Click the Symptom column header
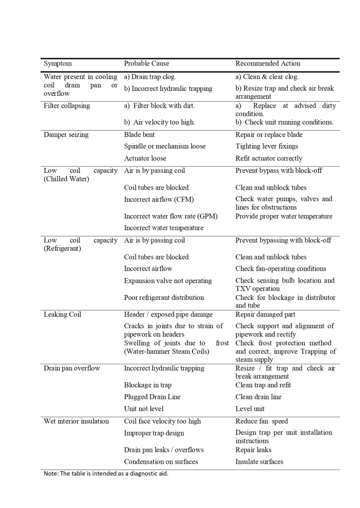point(58,64)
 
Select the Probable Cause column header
point(146,64)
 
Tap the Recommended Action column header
point(268,64)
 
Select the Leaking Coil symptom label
point(62,314)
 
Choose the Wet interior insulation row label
point(76,421)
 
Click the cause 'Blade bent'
point(139,135)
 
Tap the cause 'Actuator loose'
point(145,158)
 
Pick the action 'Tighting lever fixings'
point(267,146)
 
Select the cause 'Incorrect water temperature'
point(164,228)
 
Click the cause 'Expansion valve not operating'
point(168,281)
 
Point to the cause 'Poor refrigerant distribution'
point(164,297)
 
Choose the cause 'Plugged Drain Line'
point(152,397)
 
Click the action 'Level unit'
point(250,409)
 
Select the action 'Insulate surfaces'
point(259,461)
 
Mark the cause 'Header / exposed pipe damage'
point(168,314)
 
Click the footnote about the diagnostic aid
point(106,473)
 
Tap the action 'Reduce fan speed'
point(262,421)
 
